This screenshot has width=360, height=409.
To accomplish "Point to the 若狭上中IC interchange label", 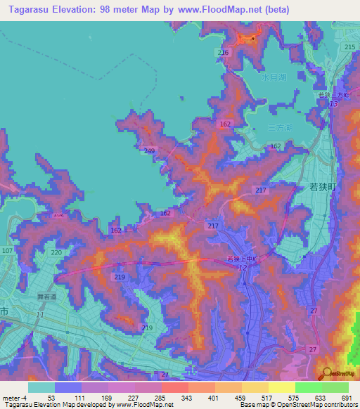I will [243, 259].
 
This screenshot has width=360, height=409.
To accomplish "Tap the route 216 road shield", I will [224, 53].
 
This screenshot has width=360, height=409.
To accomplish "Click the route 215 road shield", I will [349, 46].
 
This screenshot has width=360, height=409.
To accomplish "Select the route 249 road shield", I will [148, 151].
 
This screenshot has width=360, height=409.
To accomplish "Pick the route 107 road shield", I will [7, 251].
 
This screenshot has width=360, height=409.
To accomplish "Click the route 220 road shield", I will [56, 252].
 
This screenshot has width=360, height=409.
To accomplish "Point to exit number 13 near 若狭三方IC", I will [333, 103].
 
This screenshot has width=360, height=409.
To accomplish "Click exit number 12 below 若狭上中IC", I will [243, 268].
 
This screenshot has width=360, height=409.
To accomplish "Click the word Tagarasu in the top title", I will [29, 10].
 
